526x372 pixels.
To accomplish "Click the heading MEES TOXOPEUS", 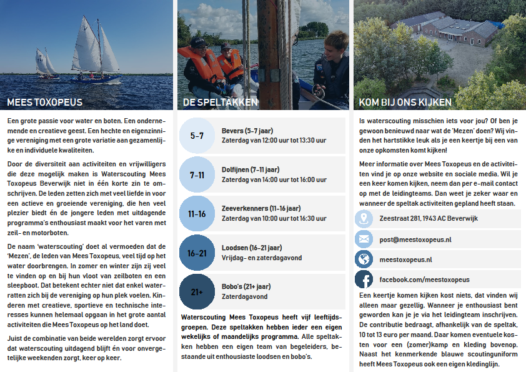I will (44, 102).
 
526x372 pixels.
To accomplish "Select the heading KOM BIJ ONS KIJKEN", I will (405, 102).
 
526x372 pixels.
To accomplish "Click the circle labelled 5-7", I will (197, 135).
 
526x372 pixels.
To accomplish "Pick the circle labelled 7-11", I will (197, 174).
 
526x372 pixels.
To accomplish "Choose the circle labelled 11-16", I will (197, 214).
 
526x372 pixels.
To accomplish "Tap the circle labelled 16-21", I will (197, 253).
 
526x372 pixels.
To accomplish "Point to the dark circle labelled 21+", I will (197, 292).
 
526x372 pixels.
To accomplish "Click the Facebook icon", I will (364, 279).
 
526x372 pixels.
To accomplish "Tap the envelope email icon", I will (364, 239).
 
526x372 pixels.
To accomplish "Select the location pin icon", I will (364, 219).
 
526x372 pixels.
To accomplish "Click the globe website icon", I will (364, 259).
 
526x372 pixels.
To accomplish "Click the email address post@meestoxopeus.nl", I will (415, 239).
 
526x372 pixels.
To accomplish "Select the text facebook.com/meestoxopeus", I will (424, 279).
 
